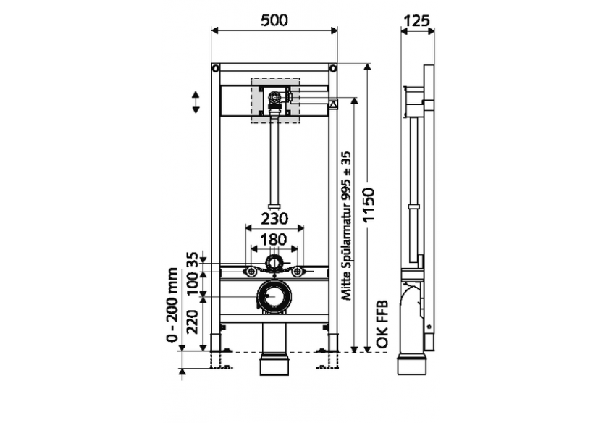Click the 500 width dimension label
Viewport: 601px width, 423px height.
[274, 20]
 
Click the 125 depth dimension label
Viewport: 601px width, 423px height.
[418, 20]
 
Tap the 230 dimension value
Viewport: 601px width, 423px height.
[274, 218]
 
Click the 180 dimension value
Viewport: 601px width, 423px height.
[274, 239]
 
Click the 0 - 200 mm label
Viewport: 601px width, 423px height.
[172, 304]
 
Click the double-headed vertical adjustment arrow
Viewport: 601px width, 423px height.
[196, 101]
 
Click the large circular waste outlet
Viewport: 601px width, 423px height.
[274, 296]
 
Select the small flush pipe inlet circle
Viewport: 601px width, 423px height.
[274, 261]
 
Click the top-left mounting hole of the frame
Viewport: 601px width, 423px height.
[216, 69]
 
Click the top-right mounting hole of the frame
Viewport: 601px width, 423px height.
[332, 69]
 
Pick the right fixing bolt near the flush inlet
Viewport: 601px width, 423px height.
[298, 272]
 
